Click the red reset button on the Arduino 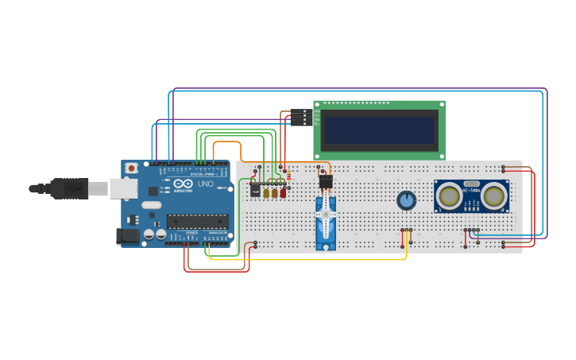pos(132,168)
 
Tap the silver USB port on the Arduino pos(122,188)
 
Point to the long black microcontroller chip pos(197,222)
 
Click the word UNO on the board pos(205,184)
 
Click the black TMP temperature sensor pos(255,191)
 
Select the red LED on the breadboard pos(283,192)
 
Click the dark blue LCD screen pos(380,130)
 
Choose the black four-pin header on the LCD pos(301,117)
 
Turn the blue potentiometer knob pos(406,200)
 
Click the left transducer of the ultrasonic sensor pos(450,195)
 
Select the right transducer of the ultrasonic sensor pos(494,195)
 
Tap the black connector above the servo pos(326,182)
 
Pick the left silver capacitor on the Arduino pos(149,234)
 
